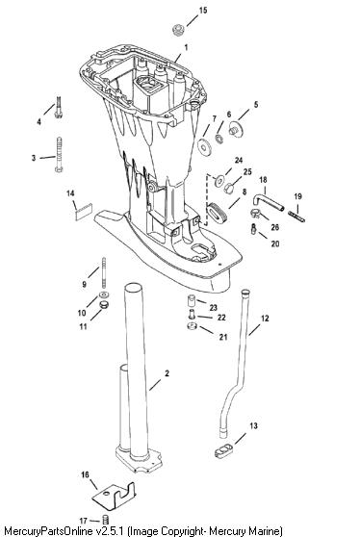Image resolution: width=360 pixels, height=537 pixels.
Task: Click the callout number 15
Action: [203, 11]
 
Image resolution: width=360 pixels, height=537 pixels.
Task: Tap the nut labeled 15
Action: [178, 30]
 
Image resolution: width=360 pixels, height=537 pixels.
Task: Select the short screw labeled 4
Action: [58, 107]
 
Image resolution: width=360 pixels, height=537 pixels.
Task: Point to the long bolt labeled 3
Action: [59, 155]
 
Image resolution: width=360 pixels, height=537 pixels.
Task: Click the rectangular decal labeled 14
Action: [84, 212]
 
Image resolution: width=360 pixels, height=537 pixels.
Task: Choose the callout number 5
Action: [256, 105]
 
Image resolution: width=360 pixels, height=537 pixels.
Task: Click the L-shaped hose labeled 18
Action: [268, 202]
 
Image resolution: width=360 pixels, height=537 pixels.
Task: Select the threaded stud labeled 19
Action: [296, 217]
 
